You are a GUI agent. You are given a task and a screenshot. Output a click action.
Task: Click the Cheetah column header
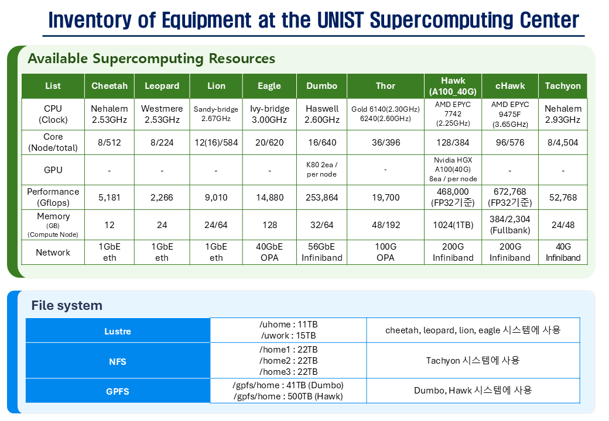coord(109,86)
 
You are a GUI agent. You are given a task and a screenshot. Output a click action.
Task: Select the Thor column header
coord(385,86)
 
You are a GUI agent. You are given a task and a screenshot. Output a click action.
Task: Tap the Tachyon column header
coord(563,86)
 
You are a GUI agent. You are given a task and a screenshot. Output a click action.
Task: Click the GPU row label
coord(53,170)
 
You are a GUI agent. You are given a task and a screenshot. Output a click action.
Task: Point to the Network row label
coord(53,253)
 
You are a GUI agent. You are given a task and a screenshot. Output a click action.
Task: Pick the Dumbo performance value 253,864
coord(321,197)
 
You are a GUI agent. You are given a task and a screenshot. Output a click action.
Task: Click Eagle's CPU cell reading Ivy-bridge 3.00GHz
coord(269,114)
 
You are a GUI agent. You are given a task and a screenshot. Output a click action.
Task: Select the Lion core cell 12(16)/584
coord(216,142)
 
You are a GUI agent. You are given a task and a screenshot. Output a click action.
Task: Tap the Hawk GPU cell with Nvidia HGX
coord(453,170)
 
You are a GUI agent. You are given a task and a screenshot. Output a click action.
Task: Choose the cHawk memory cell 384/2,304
coord(510,225)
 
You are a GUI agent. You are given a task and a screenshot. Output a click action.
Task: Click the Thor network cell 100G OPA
coord(385,253)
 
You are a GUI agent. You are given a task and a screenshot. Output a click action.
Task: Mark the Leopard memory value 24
coord(162,225)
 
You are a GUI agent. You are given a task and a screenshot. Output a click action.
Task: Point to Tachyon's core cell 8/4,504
coord(563,142)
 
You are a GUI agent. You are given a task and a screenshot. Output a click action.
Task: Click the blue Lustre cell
coord(118,331)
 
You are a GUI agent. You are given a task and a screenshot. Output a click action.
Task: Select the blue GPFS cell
coord(118,391)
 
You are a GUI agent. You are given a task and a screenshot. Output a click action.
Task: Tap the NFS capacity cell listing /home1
coord(288,361)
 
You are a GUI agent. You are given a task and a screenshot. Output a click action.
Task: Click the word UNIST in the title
coord(340,20)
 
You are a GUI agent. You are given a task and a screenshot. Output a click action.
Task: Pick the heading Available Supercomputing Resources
coord(152,58)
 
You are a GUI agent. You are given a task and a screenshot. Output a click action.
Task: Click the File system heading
coord(67,305)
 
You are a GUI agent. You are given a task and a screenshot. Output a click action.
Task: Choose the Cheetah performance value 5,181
coord(109,197)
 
